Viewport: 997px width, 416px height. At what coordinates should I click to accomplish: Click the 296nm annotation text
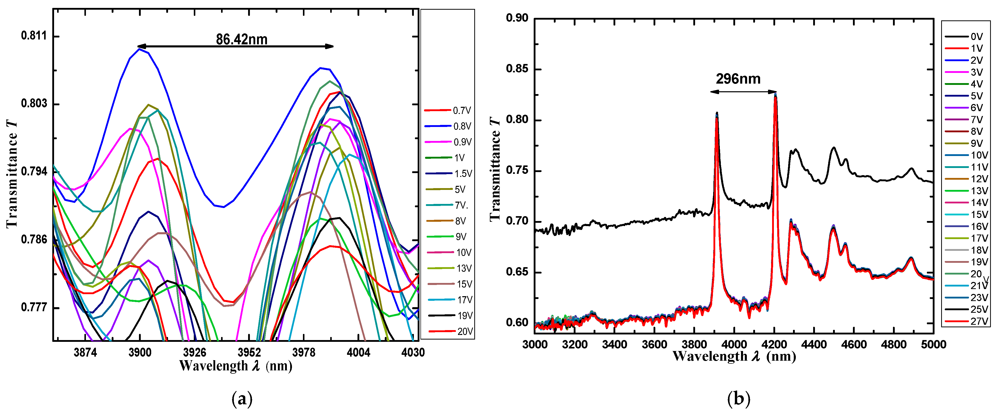coord(738,79)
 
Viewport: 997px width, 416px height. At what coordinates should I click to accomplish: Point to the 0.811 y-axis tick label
coord(34,36)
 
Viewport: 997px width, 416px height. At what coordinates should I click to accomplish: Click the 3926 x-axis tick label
coord(194,352)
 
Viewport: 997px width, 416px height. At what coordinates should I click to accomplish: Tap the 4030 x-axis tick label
coord(413,352)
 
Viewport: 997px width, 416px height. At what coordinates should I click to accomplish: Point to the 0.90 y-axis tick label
coord(517,18)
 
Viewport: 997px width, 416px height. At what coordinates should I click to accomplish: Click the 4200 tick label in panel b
coord(774,344)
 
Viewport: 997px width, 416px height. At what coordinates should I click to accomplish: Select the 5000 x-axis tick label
coord(934,344)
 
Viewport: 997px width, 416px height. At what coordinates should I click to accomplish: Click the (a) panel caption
coord(242,399)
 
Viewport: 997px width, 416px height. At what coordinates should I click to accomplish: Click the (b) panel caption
coord(738,399)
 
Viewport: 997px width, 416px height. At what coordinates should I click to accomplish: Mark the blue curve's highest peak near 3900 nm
coord(139,49)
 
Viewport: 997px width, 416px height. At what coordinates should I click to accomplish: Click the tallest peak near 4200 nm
coord(775,94)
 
